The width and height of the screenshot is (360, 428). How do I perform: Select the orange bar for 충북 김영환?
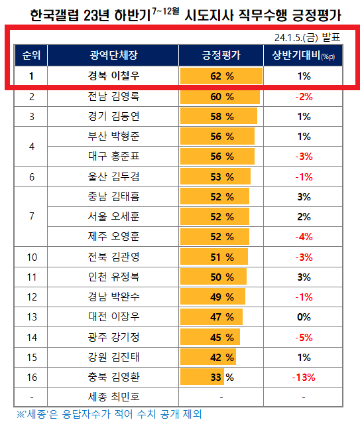click(202, 378)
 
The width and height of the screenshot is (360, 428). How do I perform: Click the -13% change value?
click(304, 378)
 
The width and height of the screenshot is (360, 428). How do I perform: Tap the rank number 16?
click(31, 378)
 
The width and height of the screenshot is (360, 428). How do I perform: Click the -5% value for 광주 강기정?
click(304, 337)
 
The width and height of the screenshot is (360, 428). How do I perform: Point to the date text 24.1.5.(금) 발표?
click(311, 36)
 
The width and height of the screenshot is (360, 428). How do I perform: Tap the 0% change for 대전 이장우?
click(304, 317)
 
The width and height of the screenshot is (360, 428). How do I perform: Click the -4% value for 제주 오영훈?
click(304, 237)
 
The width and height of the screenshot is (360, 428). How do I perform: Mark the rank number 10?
click(31, 257)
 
